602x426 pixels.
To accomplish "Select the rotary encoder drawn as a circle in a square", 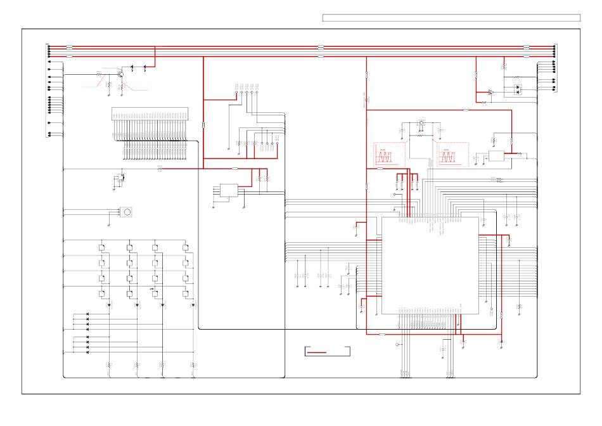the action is [127, 212].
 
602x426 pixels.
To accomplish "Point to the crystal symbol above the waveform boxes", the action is [421, 123].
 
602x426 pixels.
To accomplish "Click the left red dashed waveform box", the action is [390, 155].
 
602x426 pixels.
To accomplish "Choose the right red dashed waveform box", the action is [452, 155].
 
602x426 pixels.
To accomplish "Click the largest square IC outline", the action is [430, 265].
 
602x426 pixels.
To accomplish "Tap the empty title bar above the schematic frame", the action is [451, 18].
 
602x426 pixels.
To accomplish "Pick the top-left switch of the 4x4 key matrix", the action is [102, 247].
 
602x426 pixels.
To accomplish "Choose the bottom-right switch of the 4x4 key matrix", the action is [186, 293].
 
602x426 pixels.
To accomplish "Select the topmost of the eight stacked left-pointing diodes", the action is [87, 314].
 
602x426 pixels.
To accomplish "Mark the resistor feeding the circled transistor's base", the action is [99, 74].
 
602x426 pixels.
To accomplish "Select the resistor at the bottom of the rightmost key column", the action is [193, 365].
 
